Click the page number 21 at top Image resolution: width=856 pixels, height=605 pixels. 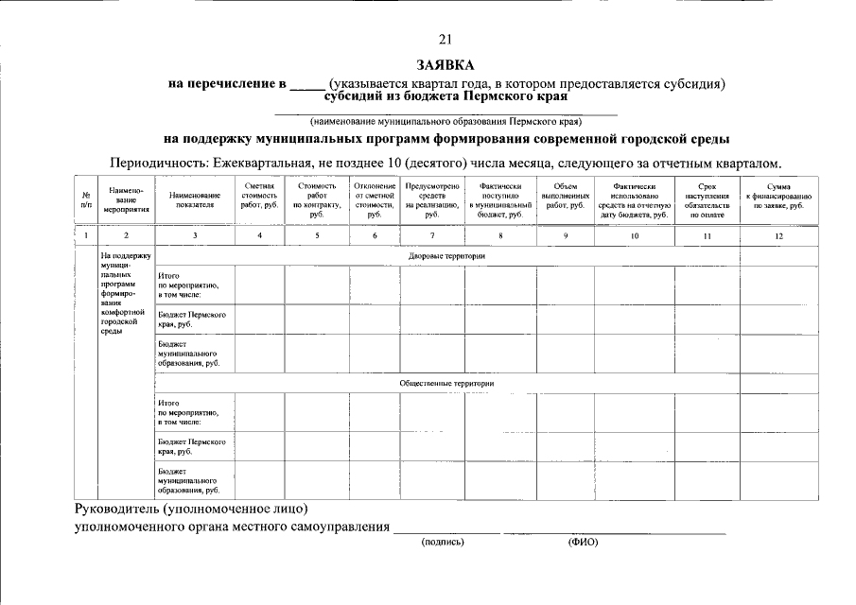[x=446, y=39]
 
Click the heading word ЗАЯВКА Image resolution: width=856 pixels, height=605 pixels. [x=446, y=64]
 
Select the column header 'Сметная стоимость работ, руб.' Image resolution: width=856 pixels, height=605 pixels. [x=259, y=196]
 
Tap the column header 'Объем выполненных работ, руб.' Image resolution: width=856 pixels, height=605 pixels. [x=566, y=196]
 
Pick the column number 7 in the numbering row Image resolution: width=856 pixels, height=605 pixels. [x=432, y=235]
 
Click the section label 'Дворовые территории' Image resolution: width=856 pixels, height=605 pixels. [x=446, y=256]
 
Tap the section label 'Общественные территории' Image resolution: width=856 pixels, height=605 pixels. [x=446, y=383]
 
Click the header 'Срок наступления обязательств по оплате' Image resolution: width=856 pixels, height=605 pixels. [x=707, y=200]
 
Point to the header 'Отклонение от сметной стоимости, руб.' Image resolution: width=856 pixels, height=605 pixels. [x=374, y=200]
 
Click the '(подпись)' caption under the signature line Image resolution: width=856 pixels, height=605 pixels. [x=443, y=543]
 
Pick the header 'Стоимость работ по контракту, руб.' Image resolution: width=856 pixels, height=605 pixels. [x=317, y=200]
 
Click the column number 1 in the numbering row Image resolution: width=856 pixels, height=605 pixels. [x=86, y=235]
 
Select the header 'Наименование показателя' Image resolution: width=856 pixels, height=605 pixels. [x=194, y=199]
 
